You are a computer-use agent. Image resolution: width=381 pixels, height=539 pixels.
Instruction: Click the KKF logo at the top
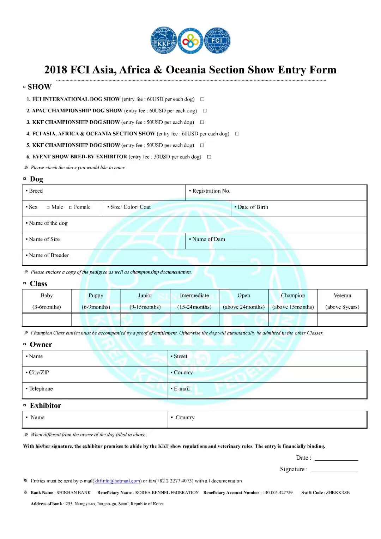pos(164,41)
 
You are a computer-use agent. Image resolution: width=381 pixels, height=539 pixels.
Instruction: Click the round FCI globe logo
pos(217,41)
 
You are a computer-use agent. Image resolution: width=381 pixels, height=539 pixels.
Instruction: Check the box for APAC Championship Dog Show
pos(205,111)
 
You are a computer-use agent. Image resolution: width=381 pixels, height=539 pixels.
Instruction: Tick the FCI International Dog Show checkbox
pos(202,99)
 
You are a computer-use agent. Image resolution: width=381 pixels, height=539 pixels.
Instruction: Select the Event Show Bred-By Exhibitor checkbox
pos(209,157)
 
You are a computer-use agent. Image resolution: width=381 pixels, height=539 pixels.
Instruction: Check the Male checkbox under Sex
pos(48,207)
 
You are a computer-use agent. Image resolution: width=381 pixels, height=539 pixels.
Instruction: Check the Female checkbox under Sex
pos(71,207)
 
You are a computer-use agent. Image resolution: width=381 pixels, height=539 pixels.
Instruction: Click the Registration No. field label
pos(211,191)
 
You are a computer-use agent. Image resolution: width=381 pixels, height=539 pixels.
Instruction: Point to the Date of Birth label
pos(253,207)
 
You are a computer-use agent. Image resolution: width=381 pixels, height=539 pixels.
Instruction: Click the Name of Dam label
pos(208,239)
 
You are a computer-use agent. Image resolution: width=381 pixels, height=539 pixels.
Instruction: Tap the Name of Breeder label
pos(49,255)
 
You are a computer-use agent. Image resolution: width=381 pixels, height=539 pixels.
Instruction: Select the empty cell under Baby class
pos(47,320)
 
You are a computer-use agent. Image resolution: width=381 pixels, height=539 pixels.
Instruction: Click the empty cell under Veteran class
pos(342,320)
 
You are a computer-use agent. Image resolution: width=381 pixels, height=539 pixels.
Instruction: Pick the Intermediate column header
pos(194,296)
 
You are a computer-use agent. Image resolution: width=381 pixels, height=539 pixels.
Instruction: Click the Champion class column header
pos(293,296)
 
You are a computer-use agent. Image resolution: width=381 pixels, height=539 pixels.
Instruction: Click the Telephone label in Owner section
pos(41,388)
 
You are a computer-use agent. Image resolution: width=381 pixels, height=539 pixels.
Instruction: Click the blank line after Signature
pos(334,470)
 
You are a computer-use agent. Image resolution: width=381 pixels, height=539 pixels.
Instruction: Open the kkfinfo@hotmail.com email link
pos(117,481)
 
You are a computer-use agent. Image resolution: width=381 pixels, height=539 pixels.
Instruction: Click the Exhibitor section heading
pos(45,406)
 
